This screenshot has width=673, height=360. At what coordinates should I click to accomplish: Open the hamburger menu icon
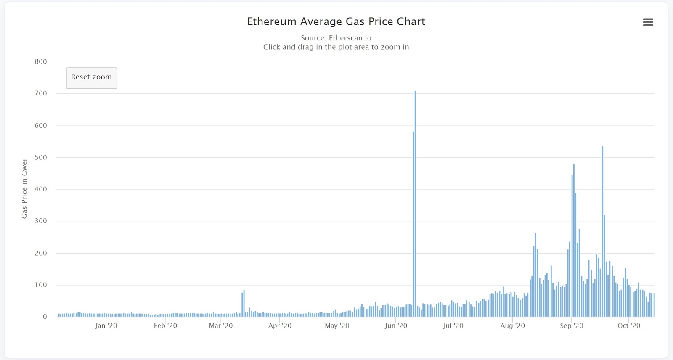coord(648,22)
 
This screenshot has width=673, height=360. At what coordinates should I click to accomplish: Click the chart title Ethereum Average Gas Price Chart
coord(336,21)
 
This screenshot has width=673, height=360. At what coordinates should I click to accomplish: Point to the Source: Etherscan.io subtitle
coord(336,38)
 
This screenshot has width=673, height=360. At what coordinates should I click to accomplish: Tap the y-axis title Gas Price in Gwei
coord(24,189)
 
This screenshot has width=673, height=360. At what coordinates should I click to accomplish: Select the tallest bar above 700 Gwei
coord(415,202)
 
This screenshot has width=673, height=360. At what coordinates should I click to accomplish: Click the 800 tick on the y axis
coord(41,61)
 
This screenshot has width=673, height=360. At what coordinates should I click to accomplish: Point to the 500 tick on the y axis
coord(41,157)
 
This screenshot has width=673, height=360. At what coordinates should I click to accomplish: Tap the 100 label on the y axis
coord(41,285)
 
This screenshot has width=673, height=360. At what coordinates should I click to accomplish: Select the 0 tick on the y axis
coord(45,317)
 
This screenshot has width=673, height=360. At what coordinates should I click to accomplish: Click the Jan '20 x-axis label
coord(106,326)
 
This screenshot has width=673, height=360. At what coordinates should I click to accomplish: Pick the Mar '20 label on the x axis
coord(220,326)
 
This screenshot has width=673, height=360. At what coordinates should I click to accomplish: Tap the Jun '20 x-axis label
coord(396,326)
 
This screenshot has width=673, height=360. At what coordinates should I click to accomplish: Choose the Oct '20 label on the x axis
coord(628,326)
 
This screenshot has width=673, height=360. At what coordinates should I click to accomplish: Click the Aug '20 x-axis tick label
coord(512,326)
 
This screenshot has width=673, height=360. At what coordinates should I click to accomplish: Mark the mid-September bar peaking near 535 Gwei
coord(602,231)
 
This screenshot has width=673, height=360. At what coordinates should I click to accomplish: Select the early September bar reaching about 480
coord(574,240)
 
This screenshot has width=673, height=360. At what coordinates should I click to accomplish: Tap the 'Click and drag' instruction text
coord(336,47)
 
